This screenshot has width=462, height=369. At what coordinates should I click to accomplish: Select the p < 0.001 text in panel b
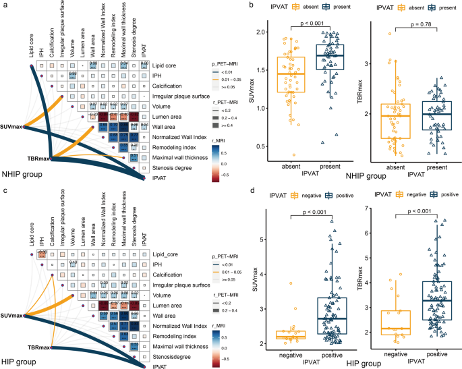306,24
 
